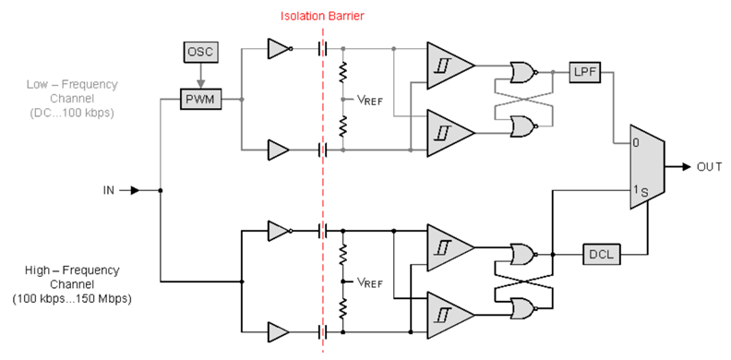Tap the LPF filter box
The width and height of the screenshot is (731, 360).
tap(586, 71)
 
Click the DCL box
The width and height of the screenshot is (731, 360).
tap(600, 254)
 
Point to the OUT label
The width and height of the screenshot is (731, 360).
tap(709, 167)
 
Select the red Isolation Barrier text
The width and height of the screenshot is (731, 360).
tap(324, 16)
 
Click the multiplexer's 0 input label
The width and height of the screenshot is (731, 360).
tap(635, 144)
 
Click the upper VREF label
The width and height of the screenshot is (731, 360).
tap(369, 100)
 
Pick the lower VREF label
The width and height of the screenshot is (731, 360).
tap(369, 282)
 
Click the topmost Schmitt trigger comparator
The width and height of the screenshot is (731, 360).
tap(448, 66)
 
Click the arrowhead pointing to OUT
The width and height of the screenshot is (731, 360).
tap(687, 167)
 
